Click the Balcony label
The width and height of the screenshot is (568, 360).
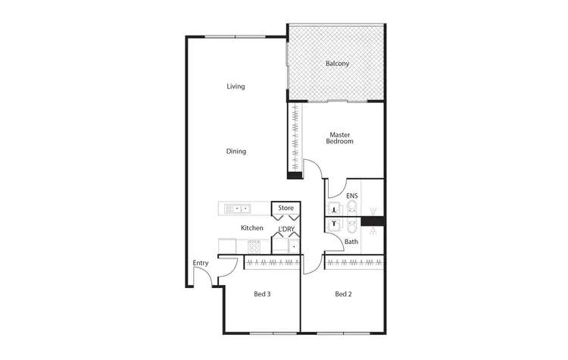(x=337, y=64)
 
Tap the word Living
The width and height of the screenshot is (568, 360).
(x=236, y=86)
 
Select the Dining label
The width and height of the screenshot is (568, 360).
(x=236, y=152)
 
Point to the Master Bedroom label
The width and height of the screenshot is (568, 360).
(x=340, y=138)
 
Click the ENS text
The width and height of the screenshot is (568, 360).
(x=351, y=196)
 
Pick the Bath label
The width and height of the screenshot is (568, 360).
(x=351, y=242)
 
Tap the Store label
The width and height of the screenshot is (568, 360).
(x=286, y=208)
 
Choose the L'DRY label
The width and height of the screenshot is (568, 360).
(x=286, y=229)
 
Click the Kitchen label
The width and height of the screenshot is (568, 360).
(x=252, y=228)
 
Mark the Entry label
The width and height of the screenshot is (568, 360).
(x=200, y=263)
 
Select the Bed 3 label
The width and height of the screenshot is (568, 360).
(x=262, y=294)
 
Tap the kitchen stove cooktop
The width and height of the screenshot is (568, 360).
(x=254, y=246)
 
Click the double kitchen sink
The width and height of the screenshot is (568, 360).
(x=242, y=208)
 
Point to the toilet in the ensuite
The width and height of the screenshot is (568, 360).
(x=354, y=208)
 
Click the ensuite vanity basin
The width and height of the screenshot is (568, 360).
(x=333, y=208)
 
